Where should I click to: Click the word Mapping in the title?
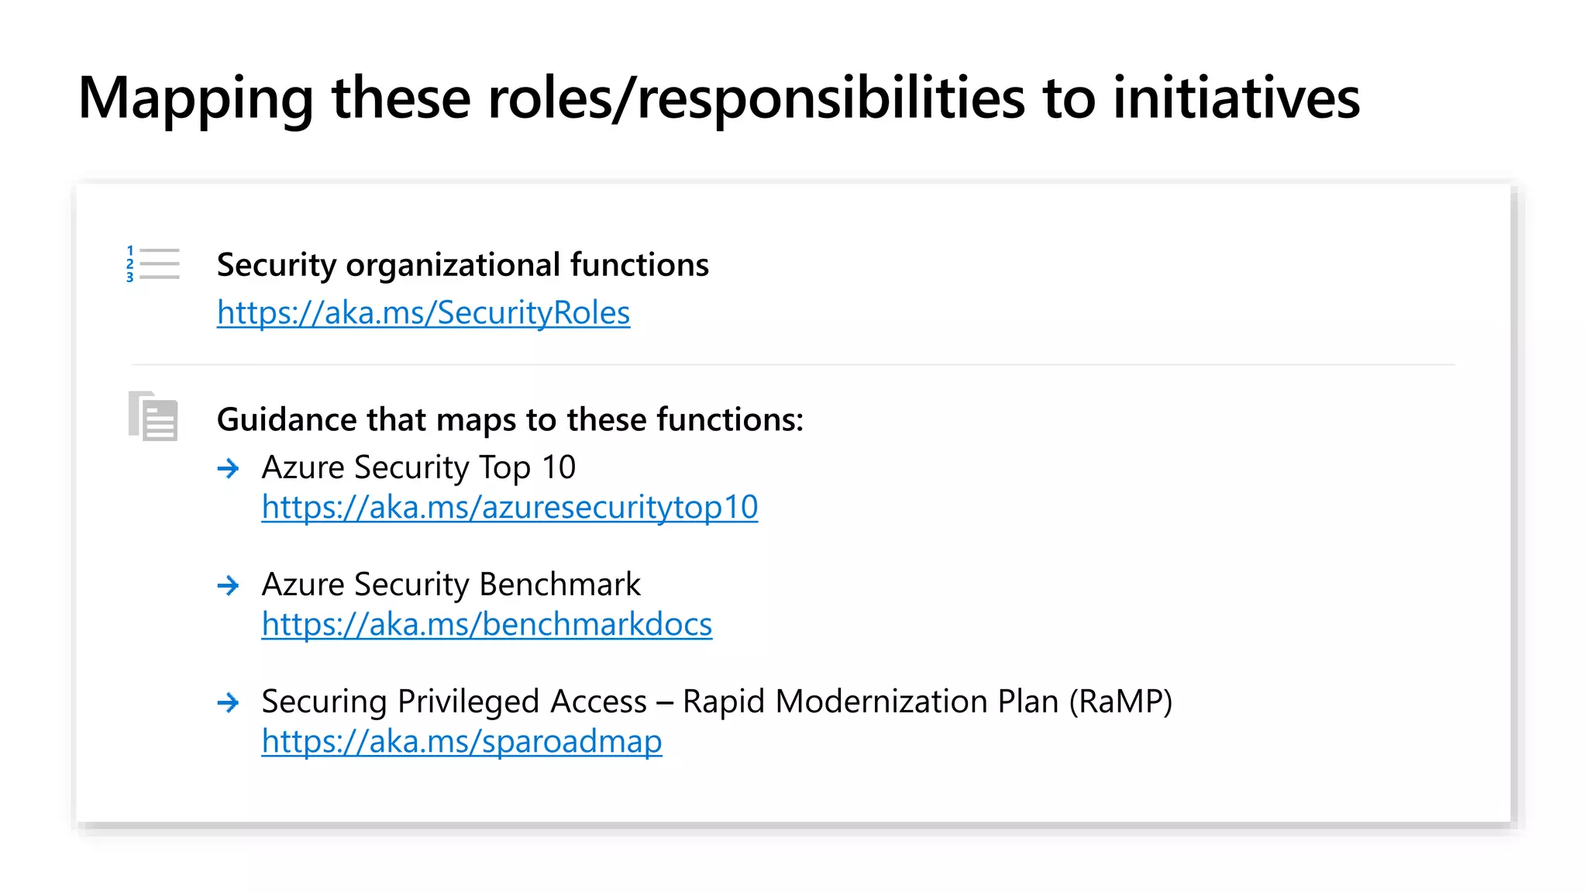(195, 99)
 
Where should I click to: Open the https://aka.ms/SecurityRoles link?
(423, 313)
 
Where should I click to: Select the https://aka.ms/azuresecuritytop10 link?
(509, 508)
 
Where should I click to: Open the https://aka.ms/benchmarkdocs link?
(487, 625)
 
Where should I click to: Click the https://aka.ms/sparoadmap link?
(462, 742)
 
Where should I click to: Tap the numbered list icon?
(153, 264)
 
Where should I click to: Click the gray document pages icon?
(153, 416)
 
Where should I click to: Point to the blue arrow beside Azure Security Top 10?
(228, 468)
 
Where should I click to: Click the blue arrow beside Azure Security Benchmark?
(228, 585)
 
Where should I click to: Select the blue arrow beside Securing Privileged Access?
(228, 702)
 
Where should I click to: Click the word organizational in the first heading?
(453, 266)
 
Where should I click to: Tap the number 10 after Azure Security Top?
(559, 467)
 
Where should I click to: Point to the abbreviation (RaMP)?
(1121, 702)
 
